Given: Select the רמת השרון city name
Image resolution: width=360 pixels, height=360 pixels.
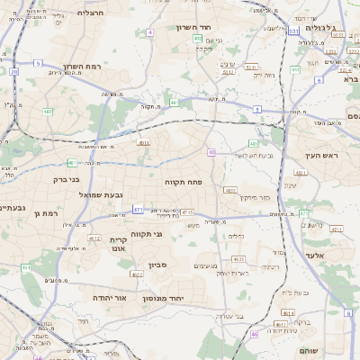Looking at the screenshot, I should click(x=85, y=67).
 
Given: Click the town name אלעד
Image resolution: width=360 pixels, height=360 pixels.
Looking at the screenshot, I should click(x=316, y=256).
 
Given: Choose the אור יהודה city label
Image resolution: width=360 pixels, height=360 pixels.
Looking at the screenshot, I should click(x=109, y=296).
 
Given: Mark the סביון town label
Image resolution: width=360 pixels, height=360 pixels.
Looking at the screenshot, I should click(x=158, y=265).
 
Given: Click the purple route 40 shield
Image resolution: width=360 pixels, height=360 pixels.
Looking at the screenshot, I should click(x=211, y=153).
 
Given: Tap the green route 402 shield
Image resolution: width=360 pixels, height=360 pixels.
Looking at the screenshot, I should click(x=197, y=39).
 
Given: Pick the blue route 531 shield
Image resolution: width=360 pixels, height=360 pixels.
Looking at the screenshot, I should click(x=293, y=30).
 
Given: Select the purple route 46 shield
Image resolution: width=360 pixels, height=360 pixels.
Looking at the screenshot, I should click(x=254, y=334).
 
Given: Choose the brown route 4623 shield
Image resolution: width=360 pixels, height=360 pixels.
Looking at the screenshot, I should click(x=238, y=258).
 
